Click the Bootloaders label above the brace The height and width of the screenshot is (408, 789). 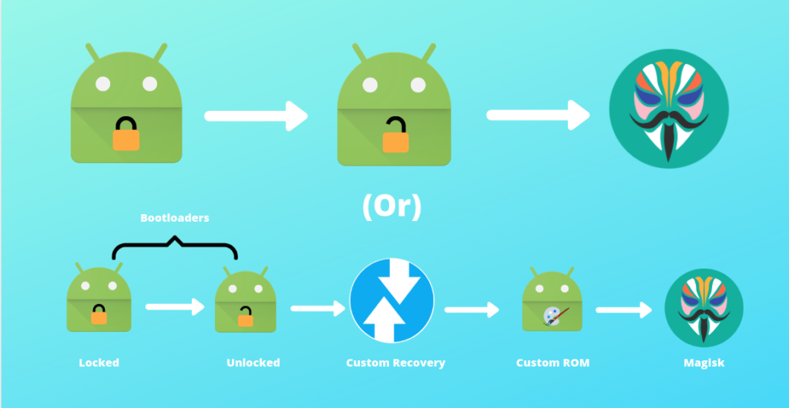tap(174, 218)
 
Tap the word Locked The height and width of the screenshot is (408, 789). tap(99, 363)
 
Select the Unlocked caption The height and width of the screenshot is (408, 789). tap(253, 363)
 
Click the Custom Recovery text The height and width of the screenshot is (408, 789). tap(395, 363)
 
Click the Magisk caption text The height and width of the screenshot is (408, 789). tap(703, 363)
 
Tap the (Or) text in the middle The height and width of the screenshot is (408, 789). tap(392, 207)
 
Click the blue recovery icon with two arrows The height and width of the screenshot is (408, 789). tap(391, 301)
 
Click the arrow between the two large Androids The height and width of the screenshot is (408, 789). tap(257, 116)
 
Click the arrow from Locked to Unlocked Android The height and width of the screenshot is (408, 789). tap(175, 307)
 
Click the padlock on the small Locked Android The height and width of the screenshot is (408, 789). tap(99, 314)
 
